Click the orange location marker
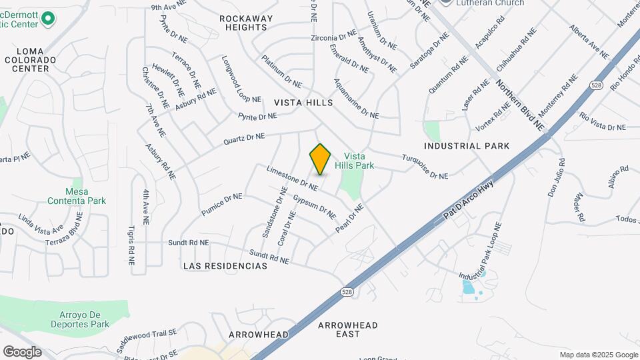[321, 159]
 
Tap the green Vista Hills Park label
[359, 161]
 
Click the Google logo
[22, 351]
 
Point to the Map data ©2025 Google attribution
[599, 355]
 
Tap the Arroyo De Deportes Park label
[79, 319]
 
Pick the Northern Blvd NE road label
[519, 105]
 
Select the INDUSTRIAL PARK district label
[467, 146]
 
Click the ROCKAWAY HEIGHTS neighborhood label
[247, 23]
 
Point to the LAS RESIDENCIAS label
[225, 266]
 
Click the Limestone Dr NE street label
[292, 179]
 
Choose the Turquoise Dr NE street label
[424, 167]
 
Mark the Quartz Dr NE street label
[244, 138]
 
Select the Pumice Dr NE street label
[222, 205]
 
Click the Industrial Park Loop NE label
[479, 251]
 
